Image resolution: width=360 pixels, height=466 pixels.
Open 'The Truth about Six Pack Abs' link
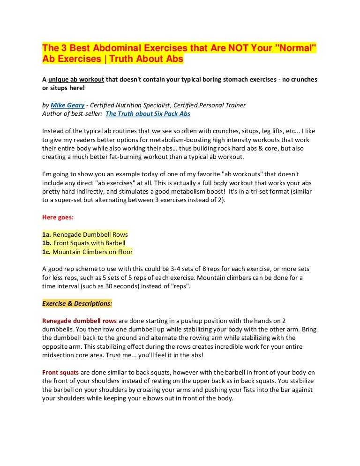coord(148,113)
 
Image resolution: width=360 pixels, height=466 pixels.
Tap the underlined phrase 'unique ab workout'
coord(77,80)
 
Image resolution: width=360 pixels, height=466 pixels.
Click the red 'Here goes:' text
coord(58,218)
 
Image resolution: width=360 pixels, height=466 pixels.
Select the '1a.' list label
coord(47,234)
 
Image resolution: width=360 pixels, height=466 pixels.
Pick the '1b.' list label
coord(47,243)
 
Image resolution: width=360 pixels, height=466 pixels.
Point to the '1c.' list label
coord(46,252)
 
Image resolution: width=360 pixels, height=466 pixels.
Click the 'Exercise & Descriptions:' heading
coord(77,303)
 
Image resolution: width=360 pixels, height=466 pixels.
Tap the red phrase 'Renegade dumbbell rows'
coord(80,321)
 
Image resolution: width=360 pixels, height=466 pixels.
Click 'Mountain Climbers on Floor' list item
coord(92,252)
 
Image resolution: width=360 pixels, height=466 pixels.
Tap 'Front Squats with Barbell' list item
coord(89,243)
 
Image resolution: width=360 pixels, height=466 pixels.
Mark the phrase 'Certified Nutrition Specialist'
coord(130,105)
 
